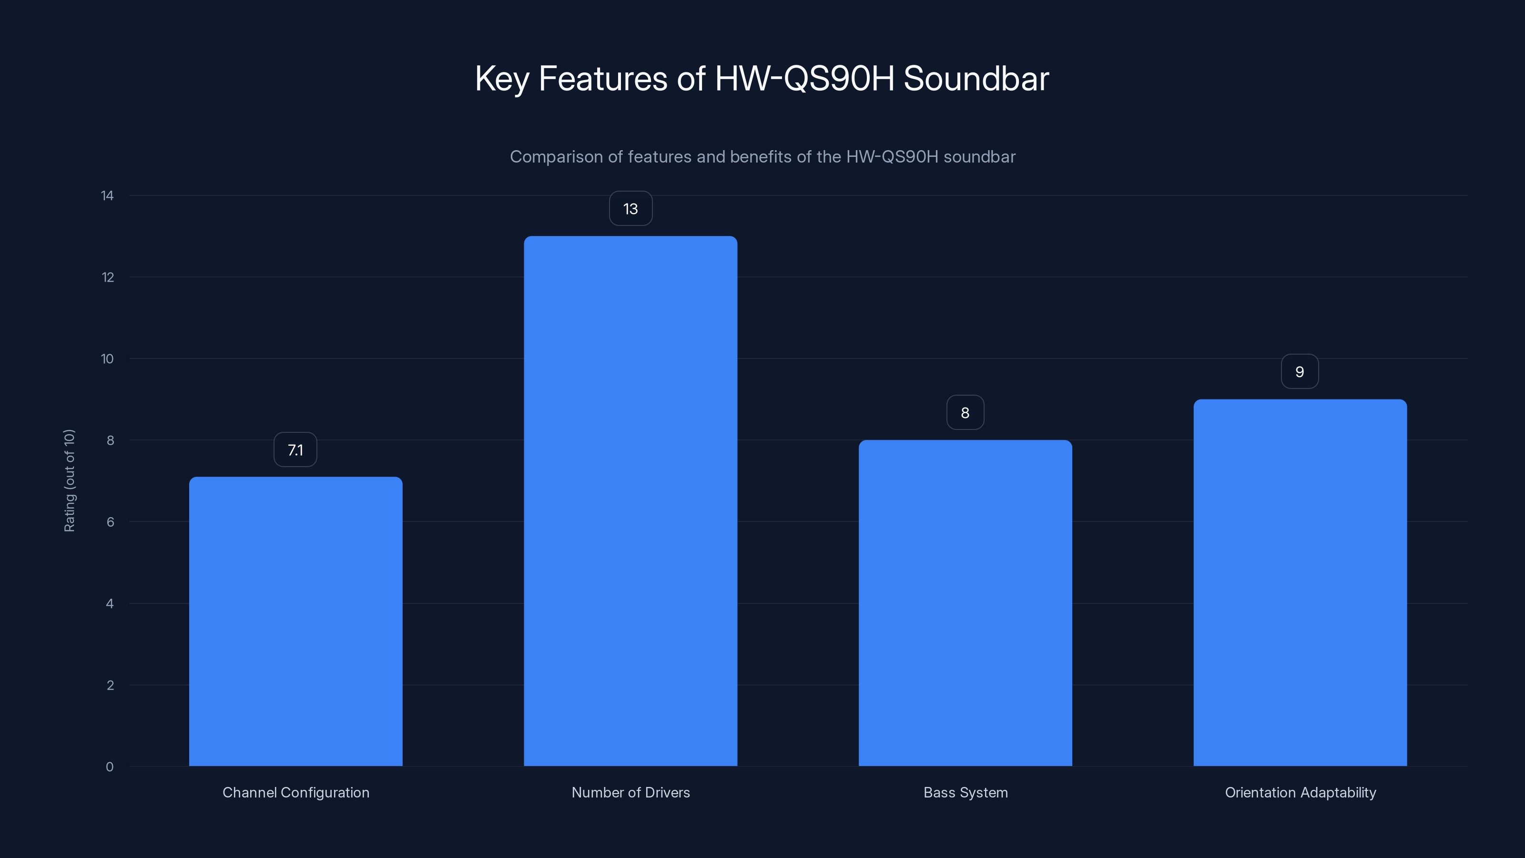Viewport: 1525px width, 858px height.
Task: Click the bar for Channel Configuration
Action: pos(295,622)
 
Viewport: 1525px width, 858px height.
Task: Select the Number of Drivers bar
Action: pos(630,501)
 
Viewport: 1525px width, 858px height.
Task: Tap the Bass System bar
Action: pos(965,603)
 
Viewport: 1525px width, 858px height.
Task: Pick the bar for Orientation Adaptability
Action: pos(1300,582)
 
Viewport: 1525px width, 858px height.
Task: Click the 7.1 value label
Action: pos(295,450)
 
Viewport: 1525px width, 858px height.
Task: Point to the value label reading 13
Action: pos(630,208)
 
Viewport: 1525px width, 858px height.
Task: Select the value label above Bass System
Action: pos(965,413)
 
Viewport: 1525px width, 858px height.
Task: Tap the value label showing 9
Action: pos(1300,372)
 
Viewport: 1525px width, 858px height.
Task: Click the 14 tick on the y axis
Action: pos(107,196)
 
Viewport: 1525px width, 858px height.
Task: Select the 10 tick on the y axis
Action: pos(107,359)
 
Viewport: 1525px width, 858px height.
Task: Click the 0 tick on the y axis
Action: pos(110,767)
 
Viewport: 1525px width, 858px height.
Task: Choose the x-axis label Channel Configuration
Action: pos(295,793)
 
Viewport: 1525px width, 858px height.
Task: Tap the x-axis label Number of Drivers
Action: pos(630,793)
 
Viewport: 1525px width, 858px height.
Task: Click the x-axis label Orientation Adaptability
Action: pos(1300,793)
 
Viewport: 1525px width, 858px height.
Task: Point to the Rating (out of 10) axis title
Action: pos(69,481)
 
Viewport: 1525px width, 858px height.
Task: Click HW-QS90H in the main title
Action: pos(804,79)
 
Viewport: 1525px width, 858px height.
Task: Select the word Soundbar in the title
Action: pos(976,79)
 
